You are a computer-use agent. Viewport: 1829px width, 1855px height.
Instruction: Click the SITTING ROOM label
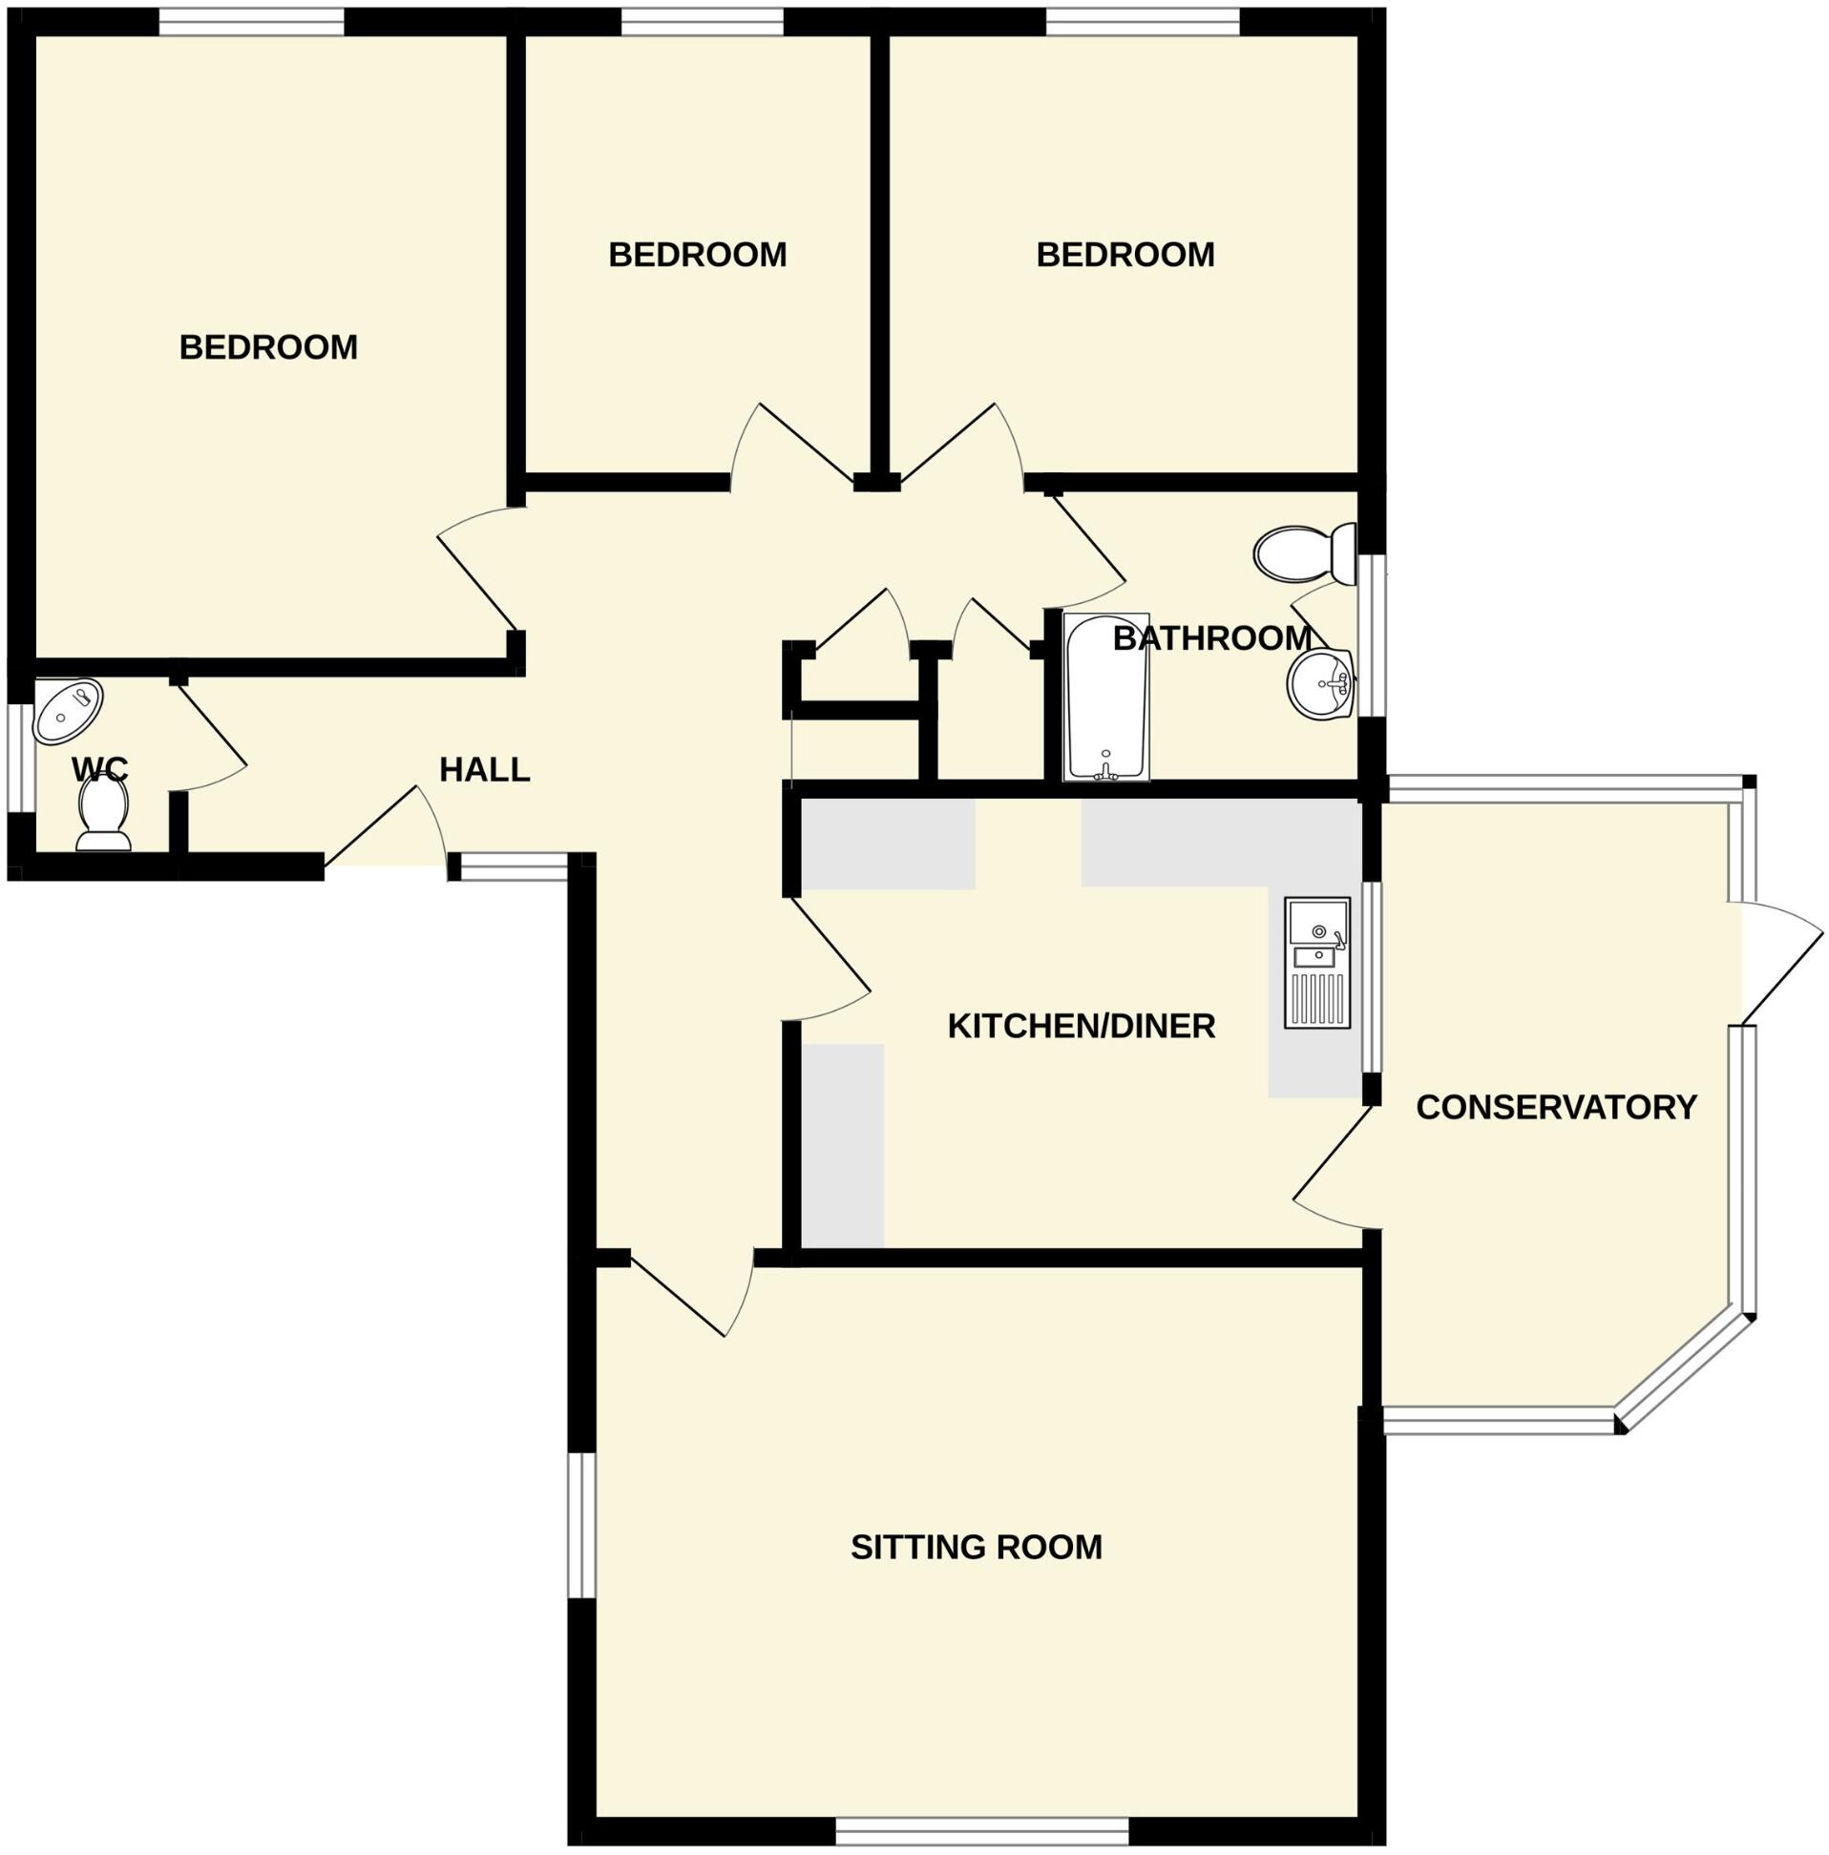point(976,1547)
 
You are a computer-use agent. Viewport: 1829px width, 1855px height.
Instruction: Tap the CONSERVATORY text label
point(1555,1107)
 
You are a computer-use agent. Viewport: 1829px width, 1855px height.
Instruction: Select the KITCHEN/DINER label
point(1081,1027)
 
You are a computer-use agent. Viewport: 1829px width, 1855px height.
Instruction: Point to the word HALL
point(484,770)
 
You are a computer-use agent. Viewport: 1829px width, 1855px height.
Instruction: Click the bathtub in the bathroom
point(1105,698)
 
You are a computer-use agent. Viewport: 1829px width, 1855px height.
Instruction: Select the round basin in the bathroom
point(1320,683)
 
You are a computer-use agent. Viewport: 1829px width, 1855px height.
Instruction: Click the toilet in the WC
point(103,812)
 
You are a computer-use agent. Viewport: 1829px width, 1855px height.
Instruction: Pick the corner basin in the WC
point(67,711)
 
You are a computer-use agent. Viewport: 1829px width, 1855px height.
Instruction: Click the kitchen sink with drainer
point(1317,962)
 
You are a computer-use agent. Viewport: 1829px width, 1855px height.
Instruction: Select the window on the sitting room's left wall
point(580,1524)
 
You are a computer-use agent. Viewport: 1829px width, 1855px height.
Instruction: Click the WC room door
point(211,735)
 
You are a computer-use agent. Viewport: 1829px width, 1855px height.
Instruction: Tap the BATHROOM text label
point(1211,638)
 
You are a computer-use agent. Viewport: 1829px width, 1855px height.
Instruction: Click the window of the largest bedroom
point(251,20)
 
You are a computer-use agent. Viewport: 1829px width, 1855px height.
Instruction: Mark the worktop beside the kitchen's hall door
point(843,1144)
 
